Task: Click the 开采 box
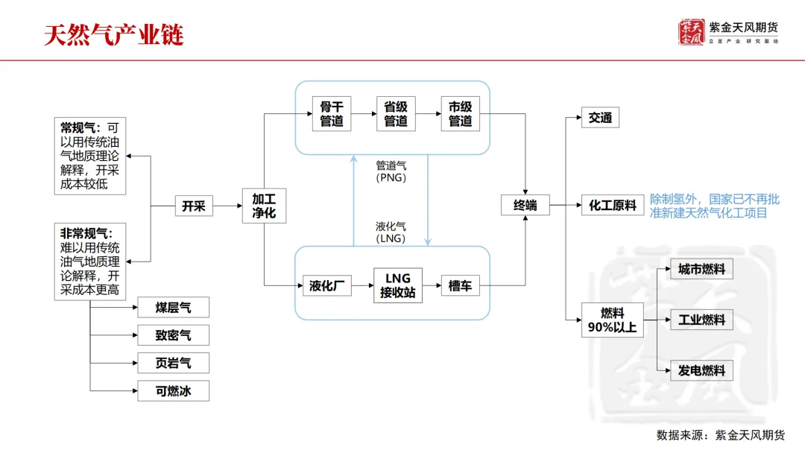(194, 206)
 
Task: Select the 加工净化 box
(264, 206)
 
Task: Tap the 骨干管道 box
(332, 114)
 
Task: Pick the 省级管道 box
(396, 114)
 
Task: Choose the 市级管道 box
(461, 114)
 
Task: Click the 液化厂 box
(326, 285)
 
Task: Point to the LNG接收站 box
(398, 285)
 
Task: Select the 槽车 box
(461, 285)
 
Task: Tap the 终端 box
(525, 206)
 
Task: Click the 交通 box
(600, 118)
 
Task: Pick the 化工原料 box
(613, 206)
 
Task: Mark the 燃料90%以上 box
(613, 320)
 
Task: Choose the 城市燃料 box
(701, 269)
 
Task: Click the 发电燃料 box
(701, 370)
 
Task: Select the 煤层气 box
(174, 308)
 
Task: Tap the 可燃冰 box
(174, 390)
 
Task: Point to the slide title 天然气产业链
(113, 35)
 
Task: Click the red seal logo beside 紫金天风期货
(691, 32)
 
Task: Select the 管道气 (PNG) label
(391, 171)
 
